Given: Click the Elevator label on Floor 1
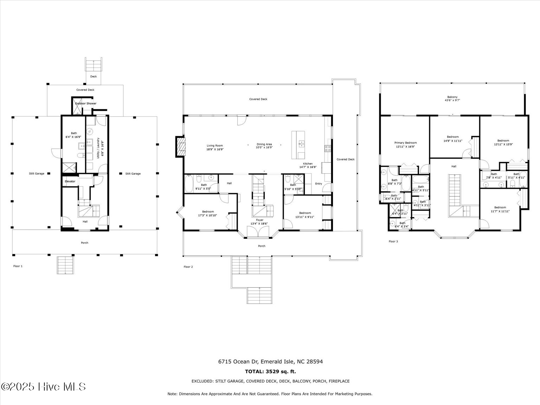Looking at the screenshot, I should pos(70,181).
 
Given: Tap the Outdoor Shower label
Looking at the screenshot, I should pos(85,103).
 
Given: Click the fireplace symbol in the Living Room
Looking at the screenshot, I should pos(181,146).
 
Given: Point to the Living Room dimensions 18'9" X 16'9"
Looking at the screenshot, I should pos(215,149).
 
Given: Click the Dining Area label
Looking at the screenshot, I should pos(264,144).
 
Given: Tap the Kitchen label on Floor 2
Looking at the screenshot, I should pos(308,163).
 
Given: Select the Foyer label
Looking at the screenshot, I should pos(259,220).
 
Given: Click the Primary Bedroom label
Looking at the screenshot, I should pos(405,143).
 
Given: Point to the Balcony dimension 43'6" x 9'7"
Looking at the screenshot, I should pos(452,100).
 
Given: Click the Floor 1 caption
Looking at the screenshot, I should pos(18,266).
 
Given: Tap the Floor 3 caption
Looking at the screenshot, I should pos(393,242).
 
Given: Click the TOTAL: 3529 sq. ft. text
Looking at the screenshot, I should pos(270,371).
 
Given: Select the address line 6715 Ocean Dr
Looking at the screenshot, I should pos(270,361).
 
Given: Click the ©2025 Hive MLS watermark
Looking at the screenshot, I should pos(43,387).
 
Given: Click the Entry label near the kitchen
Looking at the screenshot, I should pos(319,184).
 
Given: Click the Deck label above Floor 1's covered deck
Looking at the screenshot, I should pos(94,76).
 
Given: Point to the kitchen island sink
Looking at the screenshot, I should pos(301,143).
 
